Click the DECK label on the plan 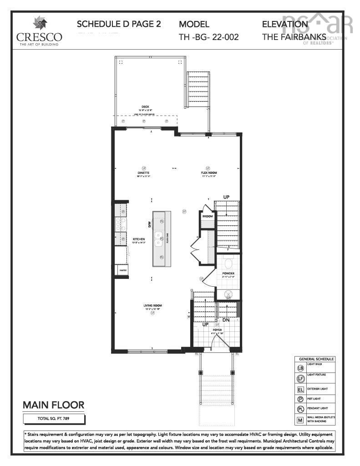[145, 107]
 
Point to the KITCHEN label [139, 239]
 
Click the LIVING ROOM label [153, 305]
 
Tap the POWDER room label [228, 273]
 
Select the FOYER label [217, 330]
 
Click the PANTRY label [123, 270]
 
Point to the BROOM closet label [208, 216]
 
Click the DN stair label [226, 320]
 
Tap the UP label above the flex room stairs [226, 197]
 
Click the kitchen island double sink [159, 238]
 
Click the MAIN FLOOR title [54, 405]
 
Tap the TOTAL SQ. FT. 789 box [54, 418]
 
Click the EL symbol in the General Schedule [300, 390]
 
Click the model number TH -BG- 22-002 [209, 37]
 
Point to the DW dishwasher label [149, 224]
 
